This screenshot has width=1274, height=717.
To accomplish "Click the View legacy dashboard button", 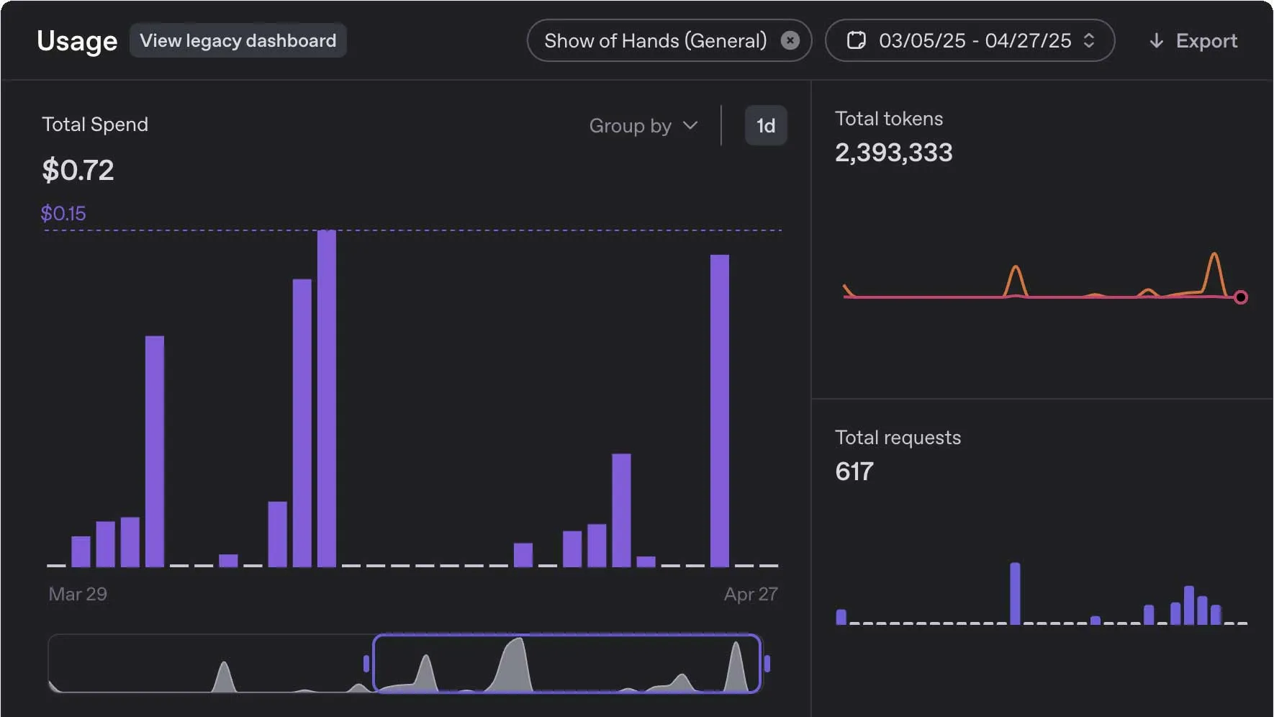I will tap(238, 40).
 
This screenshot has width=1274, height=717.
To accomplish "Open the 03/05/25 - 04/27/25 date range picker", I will tap(970, 40).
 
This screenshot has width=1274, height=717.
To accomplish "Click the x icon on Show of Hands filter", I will tap(790, 40).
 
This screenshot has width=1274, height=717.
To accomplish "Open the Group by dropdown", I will tap(643, 126).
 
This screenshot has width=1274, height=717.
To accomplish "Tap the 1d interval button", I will tap(766, 126).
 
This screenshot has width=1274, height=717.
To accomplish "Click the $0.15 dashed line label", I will tap(63, 213).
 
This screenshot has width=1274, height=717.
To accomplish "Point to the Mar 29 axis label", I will tap(78, 594).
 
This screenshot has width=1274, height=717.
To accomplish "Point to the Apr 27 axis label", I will tap(751, 594).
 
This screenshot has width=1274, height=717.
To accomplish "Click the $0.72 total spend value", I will tap(78, 171).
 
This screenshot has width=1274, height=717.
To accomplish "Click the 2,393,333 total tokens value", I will tap(893, 153).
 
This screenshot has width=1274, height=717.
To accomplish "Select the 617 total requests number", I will tap(854, 472).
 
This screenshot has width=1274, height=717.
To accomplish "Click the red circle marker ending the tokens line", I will tap(1240, 297).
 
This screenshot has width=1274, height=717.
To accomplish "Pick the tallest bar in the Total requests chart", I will tap(1015, 593).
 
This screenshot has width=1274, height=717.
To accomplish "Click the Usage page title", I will tap(77, 41).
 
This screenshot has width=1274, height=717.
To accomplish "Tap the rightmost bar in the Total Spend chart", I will tap(720, 410).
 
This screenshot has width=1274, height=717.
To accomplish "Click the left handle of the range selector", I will tap(366, 664).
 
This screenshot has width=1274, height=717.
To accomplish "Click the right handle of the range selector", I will tap(767, 664).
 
